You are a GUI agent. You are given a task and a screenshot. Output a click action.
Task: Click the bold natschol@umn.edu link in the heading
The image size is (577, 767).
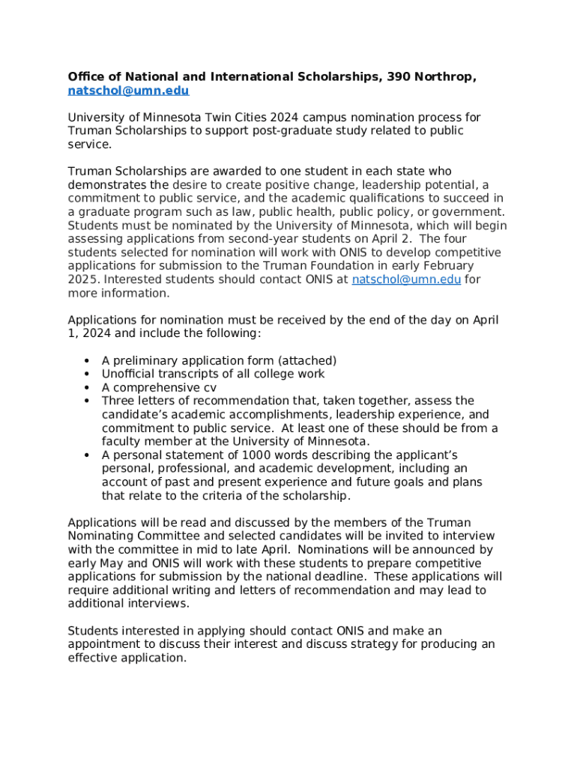[x=128, y=91]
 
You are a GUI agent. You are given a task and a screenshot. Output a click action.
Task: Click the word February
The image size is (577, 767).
[x=447, y=266]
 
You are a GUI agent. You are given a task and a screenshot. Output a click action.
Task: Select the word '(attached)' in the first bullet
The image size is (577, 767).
[x=307, y=361]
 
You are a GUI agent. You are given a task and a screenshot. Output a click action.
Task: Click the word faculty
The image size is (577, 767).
[x=122, y=442]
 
